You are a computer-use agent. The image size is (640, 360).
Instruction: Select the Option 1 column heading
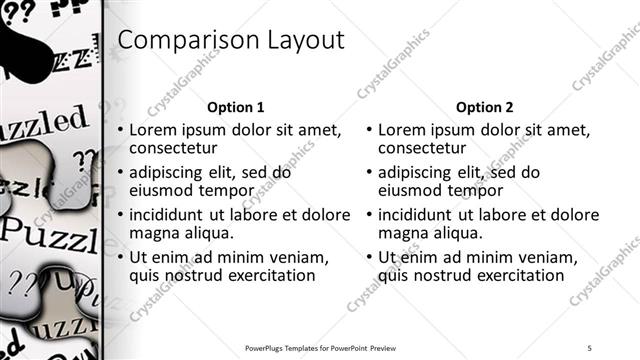235,107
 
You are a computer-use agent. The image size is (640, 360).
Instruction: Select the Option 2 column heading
484,107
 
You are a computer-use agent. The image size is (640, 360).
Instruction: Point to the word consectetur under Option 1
178,149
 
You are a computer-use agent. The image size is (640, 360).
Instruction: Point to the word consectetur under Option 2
427,149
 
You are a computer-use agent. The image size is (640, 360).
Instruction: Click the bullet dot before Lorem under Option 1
121,131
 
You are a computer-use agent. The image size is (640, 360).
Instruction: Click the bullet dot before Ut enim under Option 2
370,258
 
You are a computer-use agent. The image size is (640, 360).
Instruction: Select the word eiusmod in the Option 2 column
412,190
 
